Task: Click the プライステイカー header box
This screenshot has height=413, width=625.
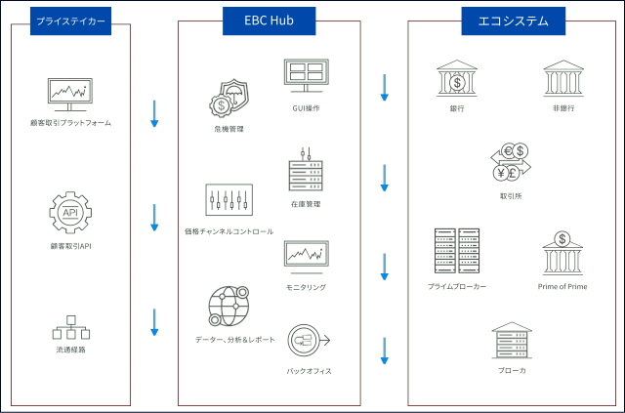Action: (70, 20)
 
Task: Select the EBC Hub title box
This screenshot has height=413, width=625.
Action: (269, 20)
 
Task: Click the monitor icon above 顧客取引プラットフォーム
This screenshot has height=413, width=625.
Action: (70, 94)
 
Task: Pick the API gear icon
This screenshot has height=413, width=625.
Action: (70, 213)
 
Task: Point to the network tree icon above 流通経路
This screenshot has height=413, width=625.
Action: (70, 327)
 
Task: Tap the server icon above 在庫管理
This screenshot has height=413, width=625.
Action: (306, 172)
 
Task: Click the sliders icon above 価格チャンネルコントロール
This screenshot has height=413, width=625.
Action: (228, 199)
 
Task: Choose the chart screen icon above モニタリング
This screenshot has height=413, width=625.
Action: (306, 255)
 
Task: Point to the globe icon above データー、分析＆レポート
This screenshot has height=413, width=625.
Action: (228, 308)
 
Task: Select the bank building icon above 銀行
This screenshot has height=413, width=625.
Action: (457, 77)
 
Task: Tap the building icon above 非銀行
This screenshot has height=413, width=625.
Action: (562, 77)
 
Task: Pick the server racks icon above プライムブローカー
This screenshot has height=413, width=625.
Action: (457, 250)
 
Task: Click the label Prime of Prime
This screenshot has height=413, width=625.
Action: (562, 287)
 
